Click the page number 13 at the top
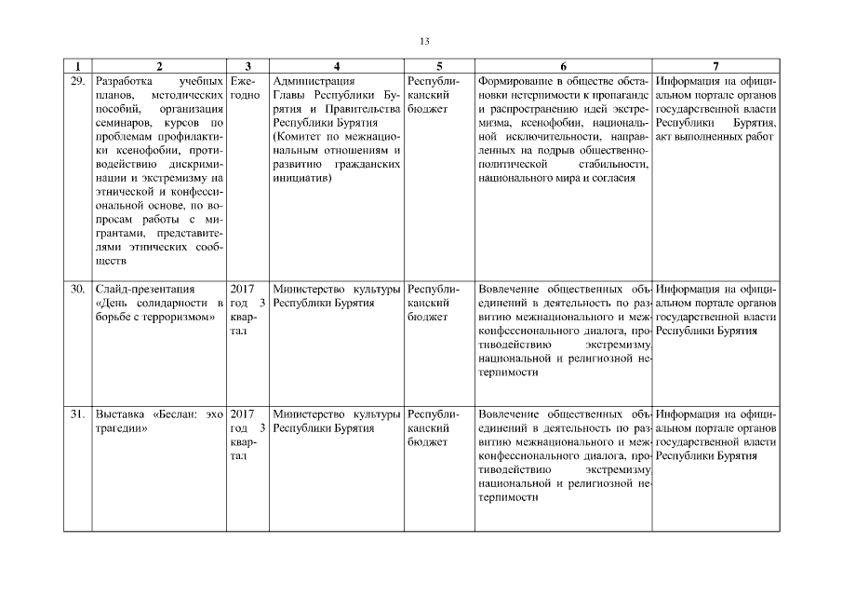coord(424,41)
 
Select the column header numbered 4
coord(336,66)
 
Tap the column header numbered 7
coord(715,66)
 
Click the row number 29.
coord(77,81)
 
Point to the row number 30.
coord(77,289)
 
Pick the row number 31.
coord(77,414)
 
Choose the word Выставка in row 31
coord(119,414)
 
